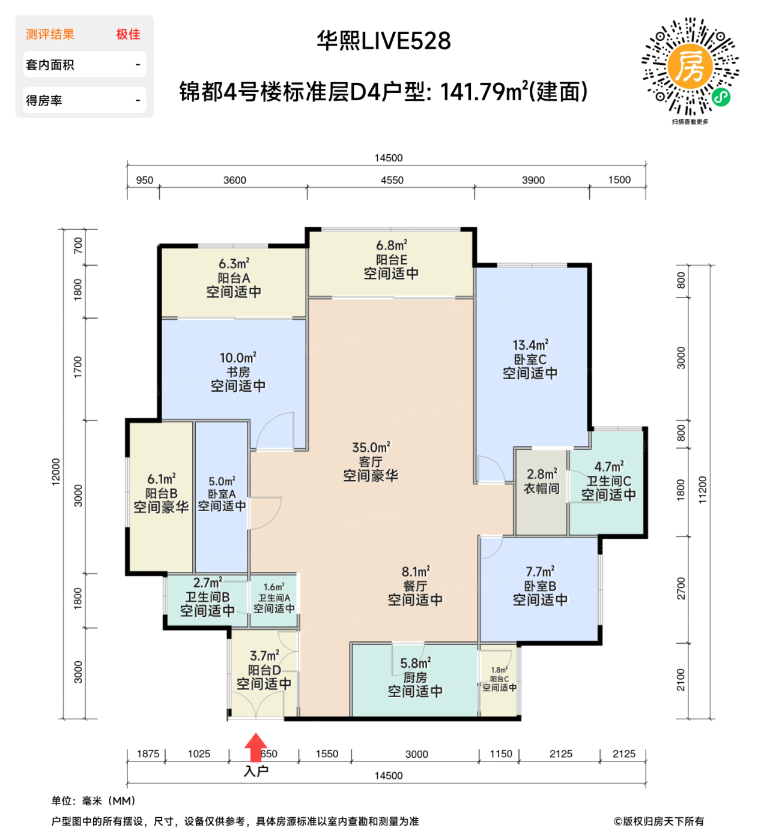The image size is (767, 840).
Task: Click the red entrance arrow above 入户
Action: [255, 748]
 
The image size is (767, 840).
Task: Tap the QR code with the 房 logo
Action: [690, 67]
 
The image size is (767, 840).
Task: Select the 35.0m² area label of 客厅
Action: [371, 448]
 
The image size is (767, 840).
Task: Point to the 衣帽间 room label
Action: [541, 489]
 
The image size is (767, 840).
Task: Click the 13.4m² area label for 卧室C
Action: [530, 345]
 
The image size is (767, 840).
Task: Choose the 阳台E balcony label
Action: [392, 260]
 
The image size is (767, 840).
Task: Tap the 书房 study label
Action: [238, 372]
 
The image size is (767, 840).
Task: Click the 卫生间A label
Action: [274, 598]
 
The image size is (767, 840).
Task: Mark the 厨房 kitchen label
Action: [415, 677]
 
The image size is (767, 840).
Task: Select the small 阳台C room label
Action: [499, 679]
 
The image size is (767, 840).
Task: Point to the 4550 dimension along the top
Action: [392, 180]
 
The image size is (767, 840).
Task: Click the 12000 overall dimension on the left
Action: [56, 472]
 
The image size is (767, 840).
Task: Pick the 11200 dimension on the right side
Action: [703, 489]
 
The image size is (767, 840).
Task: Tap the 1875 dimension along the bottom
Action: [148, 754]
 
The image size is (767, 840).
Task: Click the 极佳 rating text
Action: [128, 34]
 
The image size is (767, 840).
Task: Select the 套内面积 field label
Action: [50, 65]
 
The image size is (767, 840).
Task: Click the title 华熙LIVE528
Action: [384, 41]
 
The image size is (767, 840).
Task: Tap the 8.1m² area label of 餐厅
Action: [416, 572]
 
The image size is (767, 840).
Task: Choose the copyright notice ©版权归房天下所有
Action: [658, 821]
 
